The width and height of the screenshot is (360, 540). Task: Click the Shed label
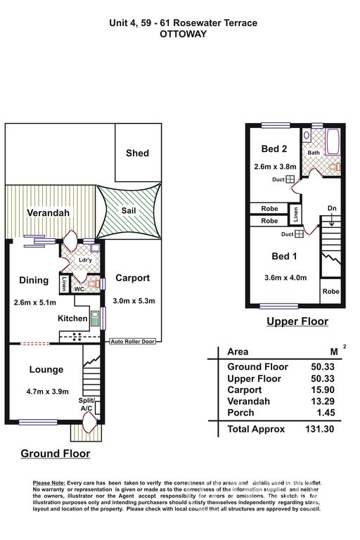(x=137, y=153)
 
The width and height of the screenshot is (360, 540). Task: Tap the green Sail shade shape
(x=129, y=211)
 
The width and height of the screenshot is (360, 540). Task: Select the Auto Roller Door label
(x=133, y=341)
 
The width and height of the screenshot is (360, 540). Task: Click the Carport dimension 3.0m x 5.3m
(x=134, y=301)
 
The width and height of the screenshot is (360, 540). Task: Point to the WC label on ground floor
(x=79, y=289)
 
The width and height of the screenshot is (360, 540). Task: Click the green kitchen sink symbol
(x=95, y=319)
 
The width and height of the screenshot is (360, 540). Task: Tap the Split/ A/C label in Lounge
(x=86, y=404)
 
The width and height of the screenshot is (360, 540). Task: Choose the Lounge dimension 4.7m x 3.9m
(x=48, y=391)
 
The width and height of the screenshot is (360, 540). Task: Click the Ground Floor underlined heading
(x=56, y=454)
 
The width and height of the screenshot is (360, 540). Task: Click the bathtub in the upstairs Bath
(x=333, y=142)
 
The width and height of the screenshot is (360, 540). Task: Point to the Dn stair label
(x=332, y=208)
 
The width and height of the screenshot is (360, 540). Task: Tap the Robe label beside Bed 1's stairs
(x=330, y=291)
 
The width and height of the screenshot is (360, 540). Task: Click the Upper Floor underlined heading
(x=297, y=321)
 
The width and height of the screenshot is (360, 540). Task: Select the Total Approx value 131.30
(x=320, y=429)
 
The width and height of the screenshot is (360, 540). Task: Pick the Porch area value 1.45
(x=326, y=413)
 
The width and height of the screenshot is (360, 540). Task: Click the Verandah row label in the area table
(x=248, y=401)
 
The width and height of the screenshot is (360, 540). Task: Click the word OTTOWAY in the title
(x=184, y=34)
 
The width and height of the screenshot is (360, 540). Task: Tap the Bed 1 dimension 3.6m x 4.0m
(x=285, y=278)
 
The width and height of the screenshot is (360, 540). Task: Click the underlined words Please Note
(x=49, y=483)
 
